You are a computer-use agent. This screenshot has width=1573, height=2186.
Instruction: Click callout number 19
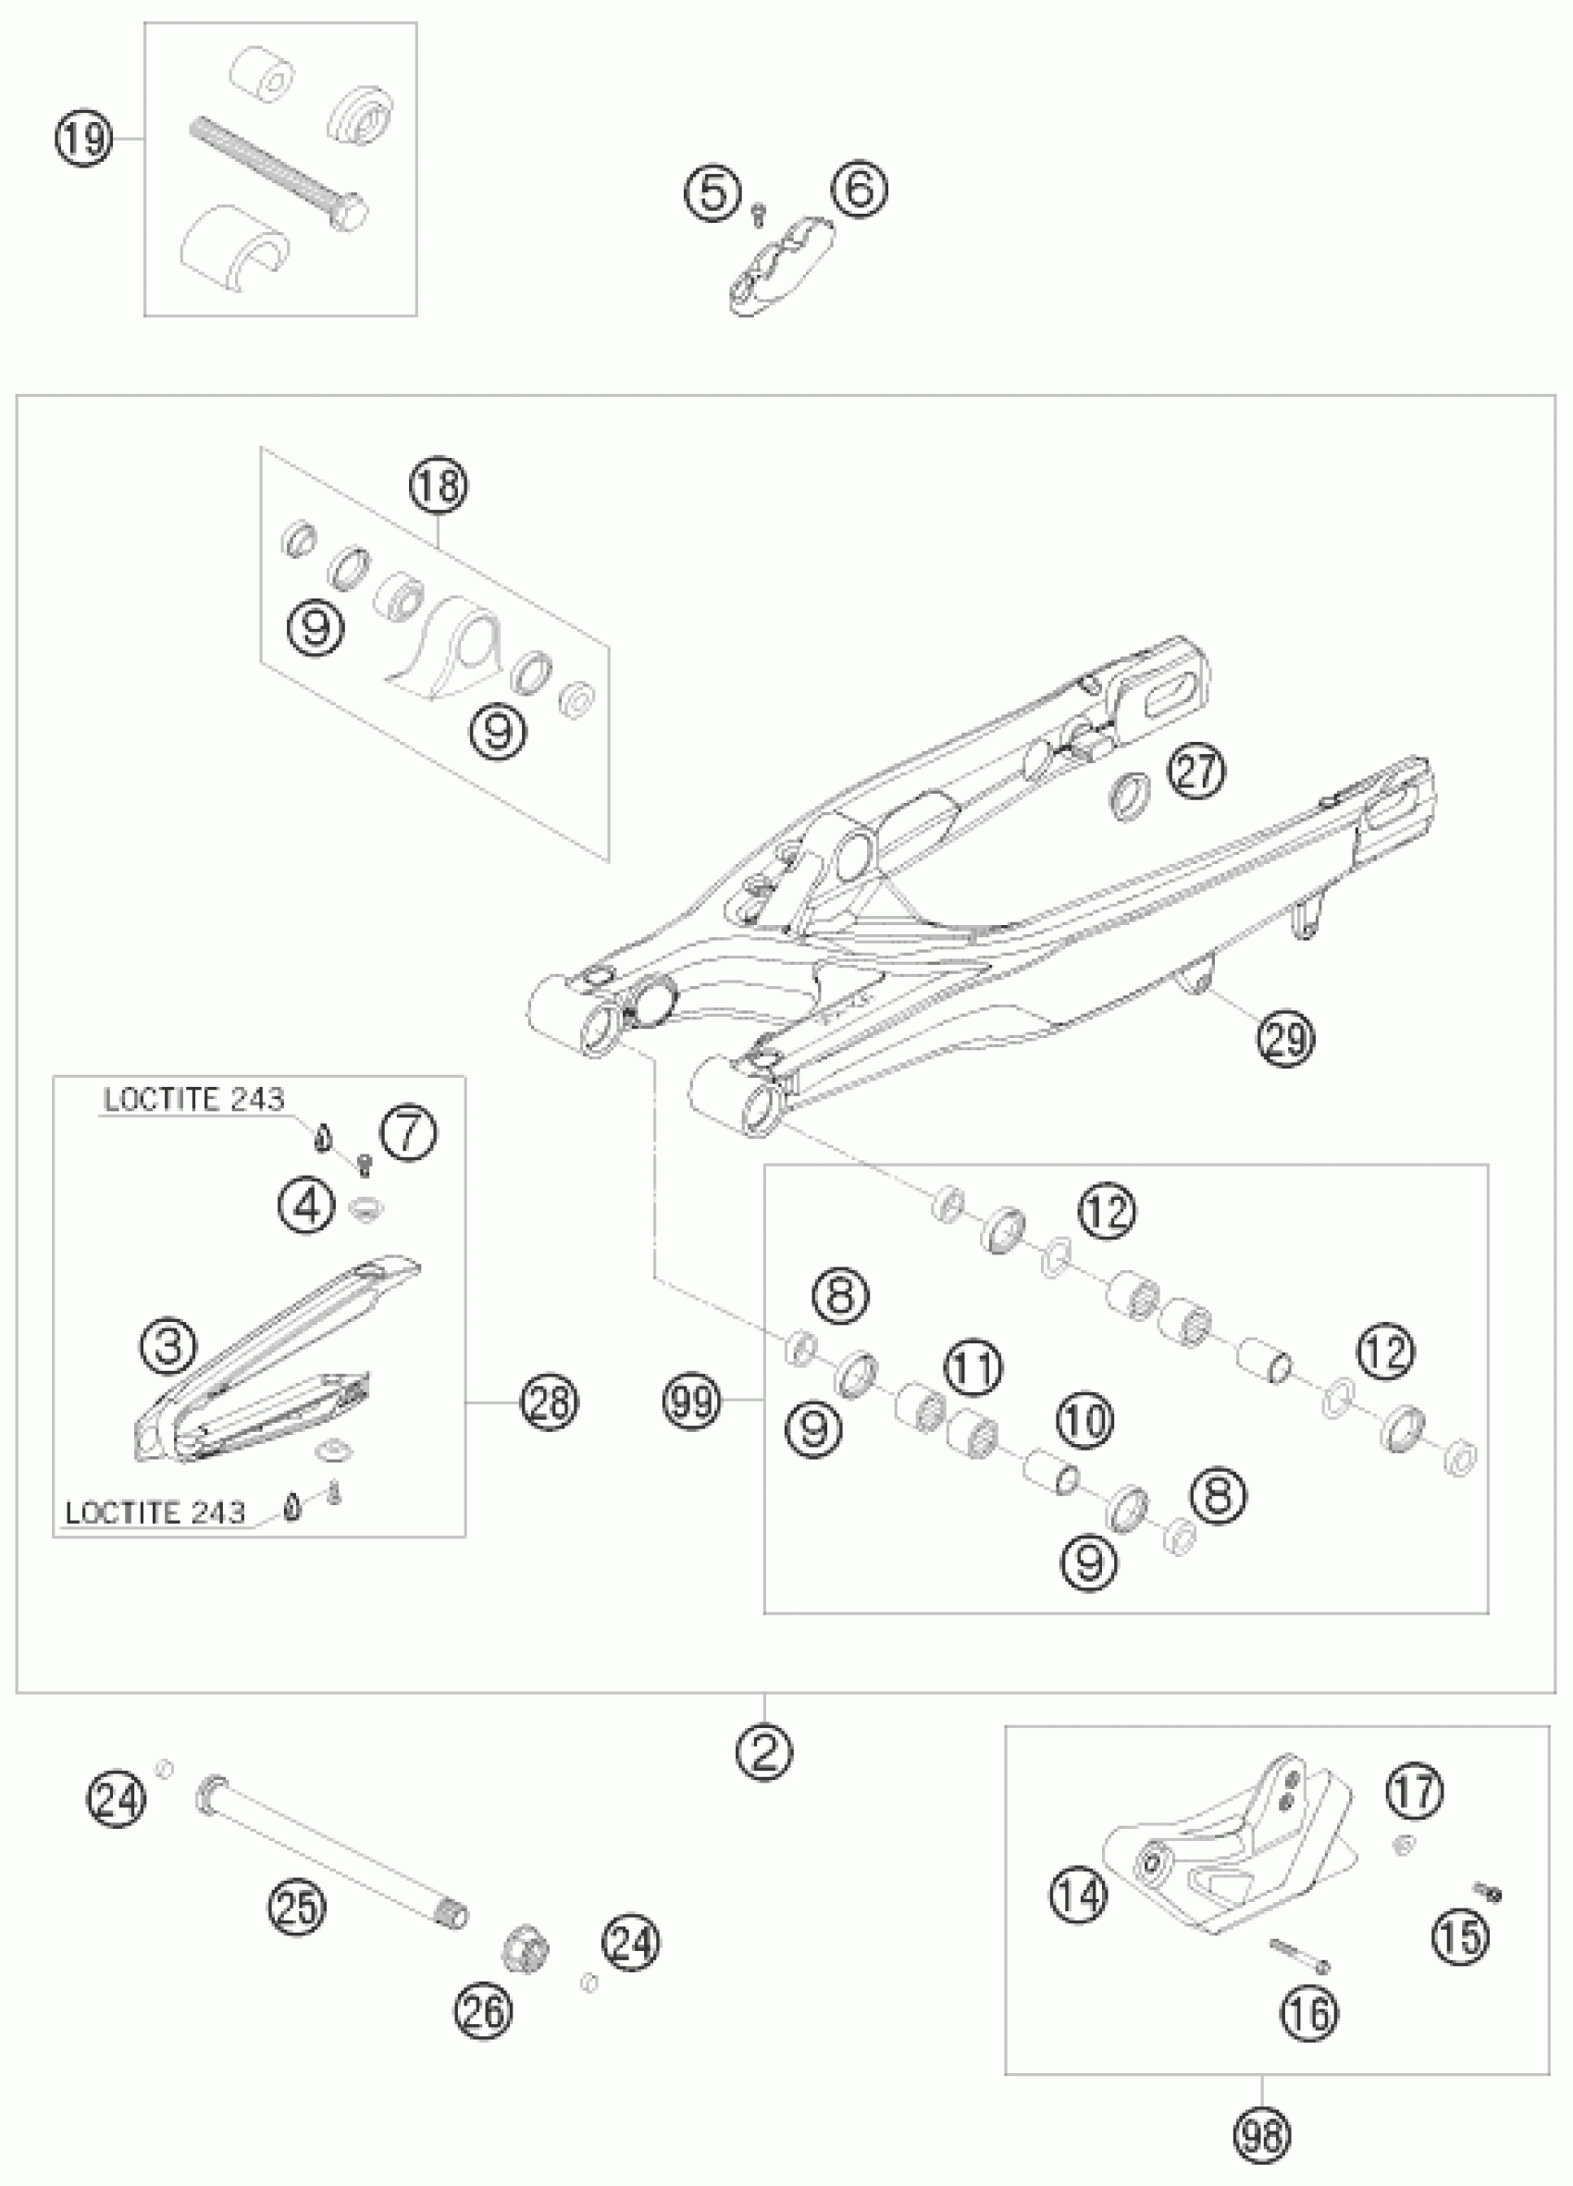[84, 141]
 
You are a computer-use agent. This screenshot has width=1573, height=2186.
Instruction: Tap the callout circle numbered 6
[860, 189]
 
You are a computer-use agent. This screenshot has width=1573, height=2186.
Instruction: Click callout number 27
[1197, 773]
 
